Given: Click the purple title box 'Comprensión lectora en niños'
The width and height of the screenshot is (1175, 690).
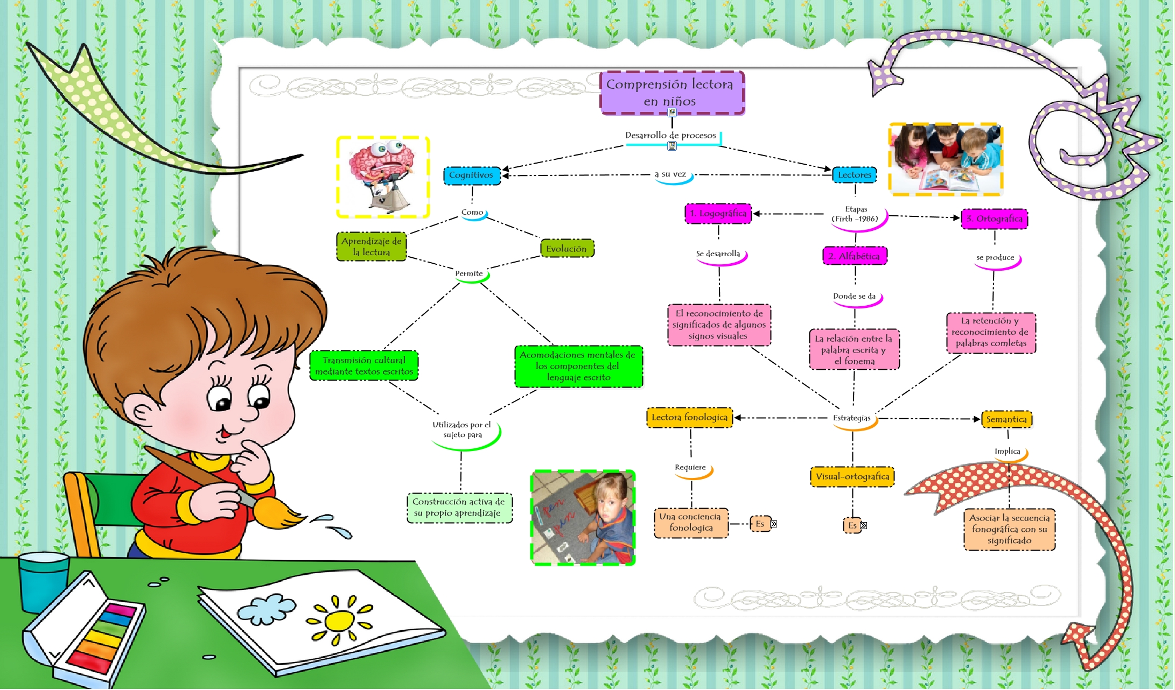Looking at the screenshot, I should pyautogui.click(x=672, y=93).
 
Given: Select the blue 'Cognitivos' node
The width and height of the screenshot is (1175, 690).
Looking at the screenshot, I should pyautogui.click(x=472, y=175).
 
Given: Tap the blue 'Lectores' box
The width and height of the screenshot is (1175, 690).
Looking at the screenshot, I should pyautogui.click(x=854, y=175).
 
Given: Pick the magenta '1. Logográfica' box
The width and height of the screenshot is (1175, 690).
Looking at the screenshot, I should pyautogui.click(x=718, y=214).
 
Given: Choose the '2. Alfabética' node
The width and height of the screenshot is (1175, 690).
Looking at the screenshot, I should pyautogui.click(x=854, y=256).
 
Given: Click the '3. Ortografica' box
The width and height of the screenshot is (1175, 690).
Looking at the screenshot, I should pyautogui.click(x=994, y=219).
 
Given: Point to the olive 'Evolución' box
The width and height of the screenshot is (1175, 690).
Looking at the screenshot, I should pyautogui.click(x=566, y=249).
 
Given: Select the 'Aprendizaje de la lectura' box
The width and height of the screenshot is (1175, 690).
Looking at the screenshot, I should pyautogui.click(x=371, y=247).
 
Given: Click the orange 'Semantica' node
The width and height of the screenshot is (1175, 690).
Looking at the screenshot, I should pyautogui.click(x=1006, y=419).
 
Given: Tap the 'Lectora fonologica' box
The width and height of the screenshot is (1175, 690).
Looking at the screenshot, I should pyautogui.click(x=689, y=418).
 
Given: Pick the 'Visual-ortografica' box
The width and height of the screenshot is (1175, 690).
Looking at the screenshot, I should pyautogui.click(x=852, y=477).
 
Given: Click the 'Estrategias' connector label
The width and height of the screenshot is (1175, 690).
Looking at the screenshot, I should pyautogui.click(x=851, y=418).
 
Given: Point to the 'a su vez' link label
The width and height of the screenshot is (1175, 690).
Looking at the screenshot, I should pyautogui.click(x=670, y=174).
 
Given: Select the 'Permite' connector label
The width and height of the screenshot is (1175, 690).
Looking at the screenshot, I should pyautogui.click(x=469, y=274).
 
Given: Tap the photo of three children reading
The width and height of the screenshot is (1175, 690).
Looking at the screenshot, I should pyautogui.click(x=945, y=159).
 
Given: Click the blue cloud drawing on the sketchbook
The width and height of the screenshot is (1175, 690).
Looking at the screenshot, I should pyautogui.click(x=267, y=608).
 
